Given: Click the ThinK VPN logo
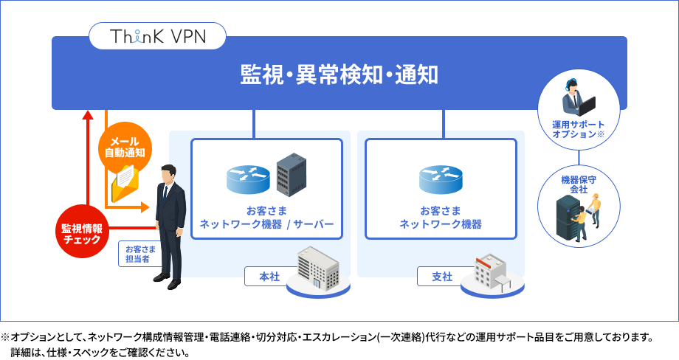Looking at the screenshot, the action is click(158, 36).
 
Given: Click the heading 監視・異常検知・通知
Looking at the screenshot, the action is click(339, 74).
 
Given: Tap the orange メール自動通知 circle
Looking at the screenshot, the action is click(125, 147).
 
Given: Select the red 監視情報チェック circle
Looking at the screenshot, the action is click(82, 232).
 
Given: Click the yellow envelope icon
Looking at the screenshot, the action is click(125, 184).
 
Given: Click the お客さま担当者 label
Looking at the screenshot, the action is click(140, 254).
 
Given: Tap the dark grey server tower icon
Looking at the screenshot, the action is click(292, 173).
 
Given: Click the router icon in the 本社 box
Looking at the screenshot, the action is click(248, 179).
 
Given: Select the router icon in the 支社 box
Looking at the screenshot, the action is click(441, 179).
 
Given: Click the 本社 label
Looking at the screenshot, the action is click(269, 277).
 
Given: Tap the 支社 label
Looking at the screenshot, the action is click(442, 277).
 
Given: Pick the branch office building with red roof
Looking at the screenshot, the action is click(491, 273).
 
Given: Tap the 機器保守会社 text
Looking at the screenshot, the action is click(579, 184).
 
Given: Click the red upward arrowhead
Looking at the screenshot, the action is click(88, 114).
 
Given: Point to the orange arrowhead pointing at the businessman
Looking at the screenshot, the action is click(145, 207).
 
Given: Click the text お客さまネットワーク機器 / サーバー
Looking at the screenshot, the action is click(266, 218).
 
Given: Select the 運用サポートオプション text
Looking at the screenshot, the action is click(578, 129).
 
